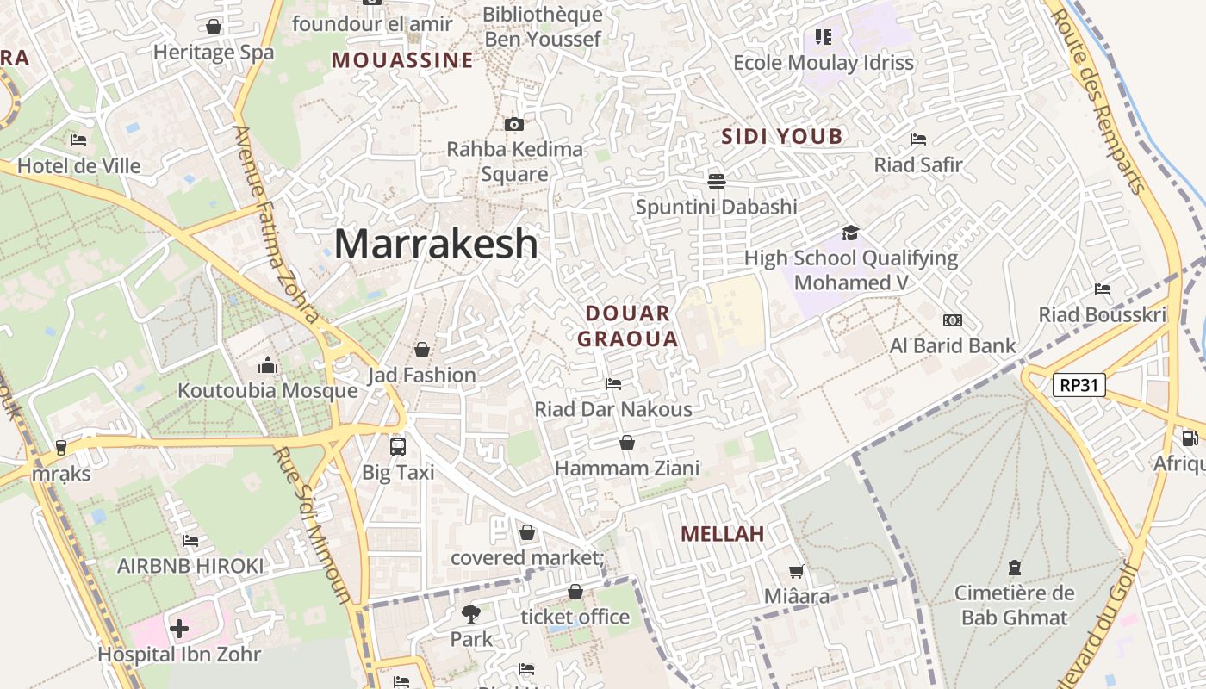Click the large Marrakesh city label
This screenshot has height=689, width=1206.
tap(436, 244)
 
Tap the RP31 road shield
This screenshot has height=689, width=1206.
tap(1079, 385)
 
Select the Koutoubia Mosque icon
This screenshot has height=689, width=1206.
tap(268, 366)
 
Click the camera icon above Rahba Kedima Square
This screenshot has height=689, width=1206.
tap(514, 124)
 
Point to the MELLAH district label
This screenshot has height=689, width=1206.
tap(722, 534)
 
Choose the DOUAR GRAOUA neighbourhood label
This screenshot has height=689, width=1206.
tap(628, 326)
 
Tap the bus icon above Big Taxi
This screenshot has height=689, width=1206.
tap(397, 447)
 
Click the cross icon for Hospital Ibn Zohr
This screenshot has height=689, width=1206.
tap(179, 629)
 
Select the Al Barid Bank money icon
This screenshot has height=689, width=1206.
tap(952, 320)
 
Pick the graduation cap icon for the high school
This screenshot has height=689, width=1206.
tap(850, 233)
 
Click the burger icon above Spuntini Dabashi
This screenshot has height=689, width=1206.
tap(716, 181)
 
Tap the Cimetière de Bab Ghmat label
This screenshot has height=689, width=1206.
tap(1014, 605)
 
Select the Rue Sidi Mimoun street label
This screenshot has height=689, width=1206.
tap(313, 525)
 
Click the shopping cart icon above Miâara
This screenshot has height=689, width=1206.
tap(797, 571)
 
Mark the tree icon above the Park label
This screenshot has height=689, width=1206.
tap(471, 614)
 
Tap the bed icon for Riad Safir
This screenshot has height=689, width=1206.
tap(918, 139)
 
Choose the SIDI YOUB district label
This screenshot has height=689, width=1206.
tap(781, 136)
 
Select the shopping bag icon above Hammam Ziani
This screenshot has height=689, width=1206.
tap(627, 443)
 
